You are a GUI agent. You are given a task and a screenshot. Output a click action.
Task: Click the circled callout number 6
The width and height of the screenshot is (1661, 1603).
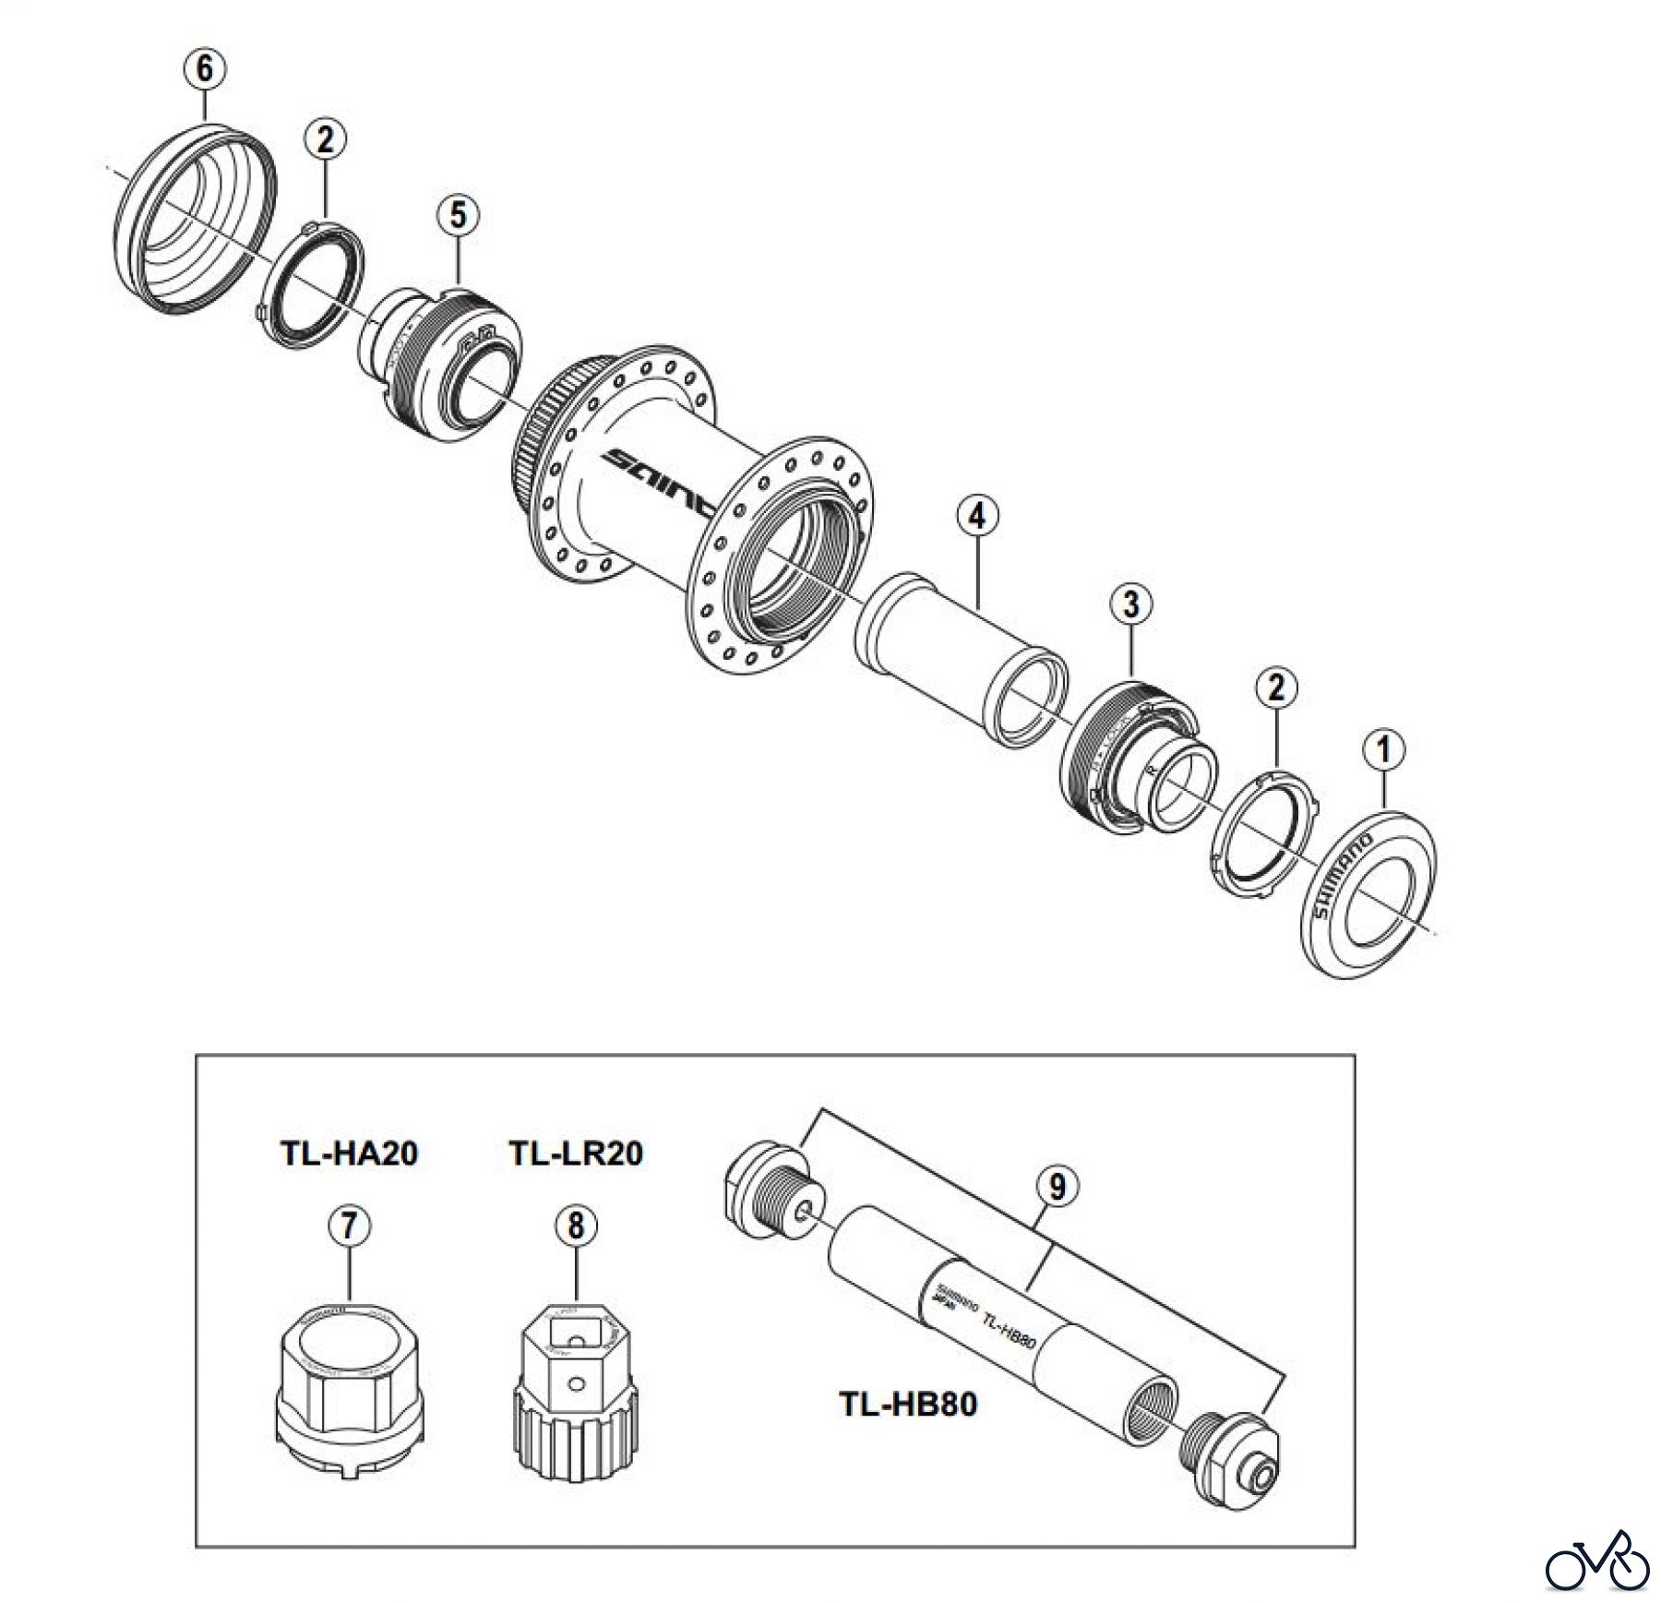coord(204,68)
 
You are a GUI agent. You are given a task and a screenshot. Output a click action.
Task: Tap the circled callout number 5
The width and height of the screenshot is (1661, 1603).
coord(459,215)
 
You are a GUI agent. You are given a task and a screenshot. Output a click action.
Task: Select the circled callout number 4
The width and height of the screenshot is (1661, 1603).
coord(977,515)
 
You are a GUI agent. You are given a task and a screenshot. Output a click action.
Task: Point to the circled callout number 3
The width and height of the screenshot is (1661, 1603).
coord(1131,604)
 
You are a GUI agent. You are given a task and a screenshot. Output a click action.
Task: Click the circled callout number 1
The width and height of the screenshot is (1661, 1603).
coord(1384,750)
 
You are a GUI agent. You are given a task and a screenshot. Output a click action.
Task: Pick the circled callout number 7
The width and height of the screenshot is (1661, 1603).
coord(350,1226)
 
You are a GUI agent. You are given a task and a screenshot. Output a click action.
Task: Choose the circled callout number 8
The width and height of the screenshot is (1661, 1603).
coord(576,1226)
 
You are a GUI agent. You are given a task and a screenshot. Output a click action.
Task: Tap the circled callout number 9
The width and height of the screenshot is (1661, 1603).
coord(1057,1186)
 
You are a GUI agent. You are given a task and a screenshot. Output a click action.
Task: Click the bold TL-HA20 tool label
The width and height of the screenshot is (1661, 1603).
coord(349,1154)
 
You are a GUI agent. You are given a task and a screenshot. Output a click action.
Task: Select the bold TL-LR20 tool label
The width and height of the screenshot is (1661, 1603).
coord(576,1154)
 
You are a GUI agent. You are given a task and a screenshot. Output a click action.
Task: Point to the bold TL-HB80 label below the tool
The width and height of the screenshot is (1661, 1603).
coord(908,1405)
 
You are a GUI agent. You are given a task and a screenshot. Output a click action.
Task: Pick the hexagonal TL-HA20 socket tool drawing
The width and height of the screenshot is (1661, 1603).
coord(349,1375)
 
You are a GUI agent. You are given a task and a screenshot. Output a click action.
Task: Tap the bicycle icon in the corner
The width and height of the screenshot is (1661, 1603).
coord(1597,1561)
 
